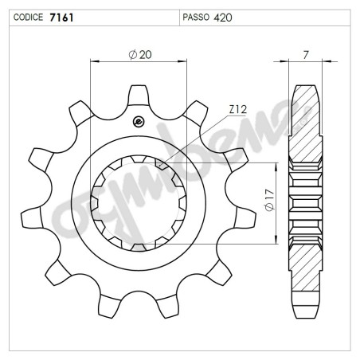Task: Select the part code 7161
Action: pyautogui.click(x=62, y=16)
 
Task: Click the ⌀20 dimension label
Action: pyautogui.click(x=139, y=53)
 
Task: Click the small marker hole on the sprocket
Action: pyautogui.click(x=139, y=121)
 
